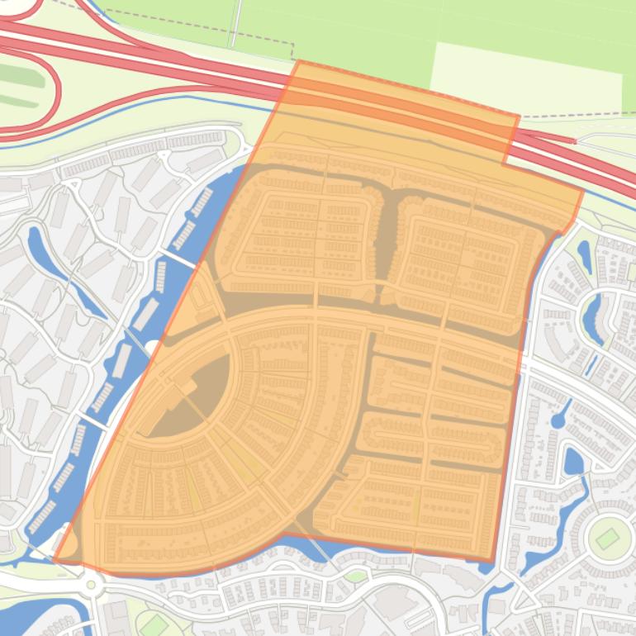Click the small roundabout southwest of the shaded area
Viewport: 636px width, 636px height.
[x=91, y=585]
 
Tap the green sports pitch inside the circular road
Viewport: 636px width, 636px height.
[x=607, y=539]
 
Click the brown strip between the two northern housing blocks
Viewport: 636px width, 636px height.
[x=384, y=240]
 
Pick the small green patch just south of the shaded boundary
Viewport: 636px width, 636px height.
[x=355, y=576]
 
